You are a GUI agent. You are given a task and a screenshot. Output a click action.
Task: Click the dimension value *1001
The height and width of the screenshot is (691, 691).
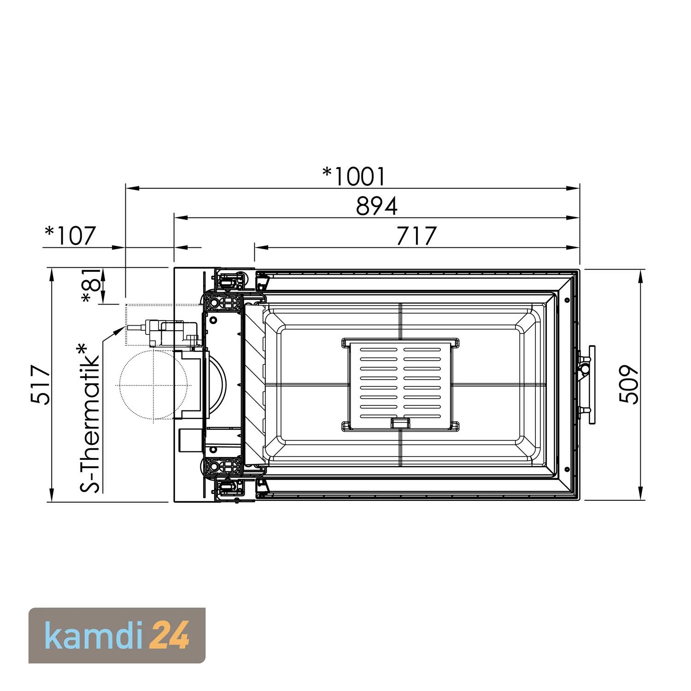coord(353,177)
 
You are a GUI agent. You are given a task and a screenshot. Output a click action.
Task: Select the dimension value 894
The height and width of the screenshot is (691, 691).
coord(376,206)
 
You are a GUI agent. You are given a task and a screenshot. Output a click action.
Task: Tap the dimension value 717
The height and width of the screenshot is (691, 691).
coord(416,236)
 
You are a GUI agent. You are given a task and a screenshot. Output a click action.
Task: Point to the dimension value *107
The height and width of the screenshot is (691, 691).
coord(70,236)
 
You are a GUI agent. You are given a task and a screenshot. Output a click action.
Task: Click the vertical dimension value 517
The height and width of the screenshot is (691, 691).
coord(41,385)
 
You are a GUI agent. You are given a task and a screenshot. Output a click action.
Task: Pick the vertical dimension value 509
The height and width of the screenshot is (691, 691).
coord(628,385)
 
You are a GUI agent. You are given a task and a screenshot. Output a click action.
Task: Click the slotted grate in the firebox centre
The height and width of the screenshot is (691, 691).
coord(400,385)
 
